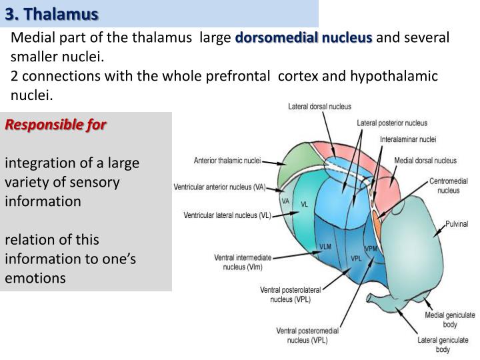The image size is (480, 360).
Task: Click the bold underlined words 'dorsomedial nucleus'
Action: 303,39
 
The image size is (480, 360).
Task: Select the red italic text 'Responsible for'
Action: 56,125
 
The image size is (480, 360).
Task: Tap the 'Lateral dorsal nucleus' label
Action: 319,107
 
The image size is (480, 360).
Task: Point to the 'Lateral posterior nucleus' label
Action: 392,123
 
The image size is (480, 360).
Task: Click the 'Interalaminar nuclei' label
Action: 408,139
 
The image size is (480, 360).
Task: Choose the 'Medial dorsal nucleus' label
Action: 425,161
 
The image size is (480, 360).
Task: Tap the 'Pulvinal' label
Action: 457,224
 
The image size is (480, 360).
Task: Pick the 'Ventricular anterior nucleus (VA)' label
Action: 219,187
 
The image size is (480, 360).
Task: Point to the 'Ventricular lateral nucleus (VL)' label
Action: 227,216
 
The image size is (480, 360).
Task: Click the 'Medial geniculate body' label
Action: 450,319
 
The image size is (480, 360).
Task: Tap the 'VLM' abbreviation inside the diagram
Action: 325,247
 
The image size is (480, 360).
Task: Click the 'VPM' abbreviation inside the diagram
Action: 371,249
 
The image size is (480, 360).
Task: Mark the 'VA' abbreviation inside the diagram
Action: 285,201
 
